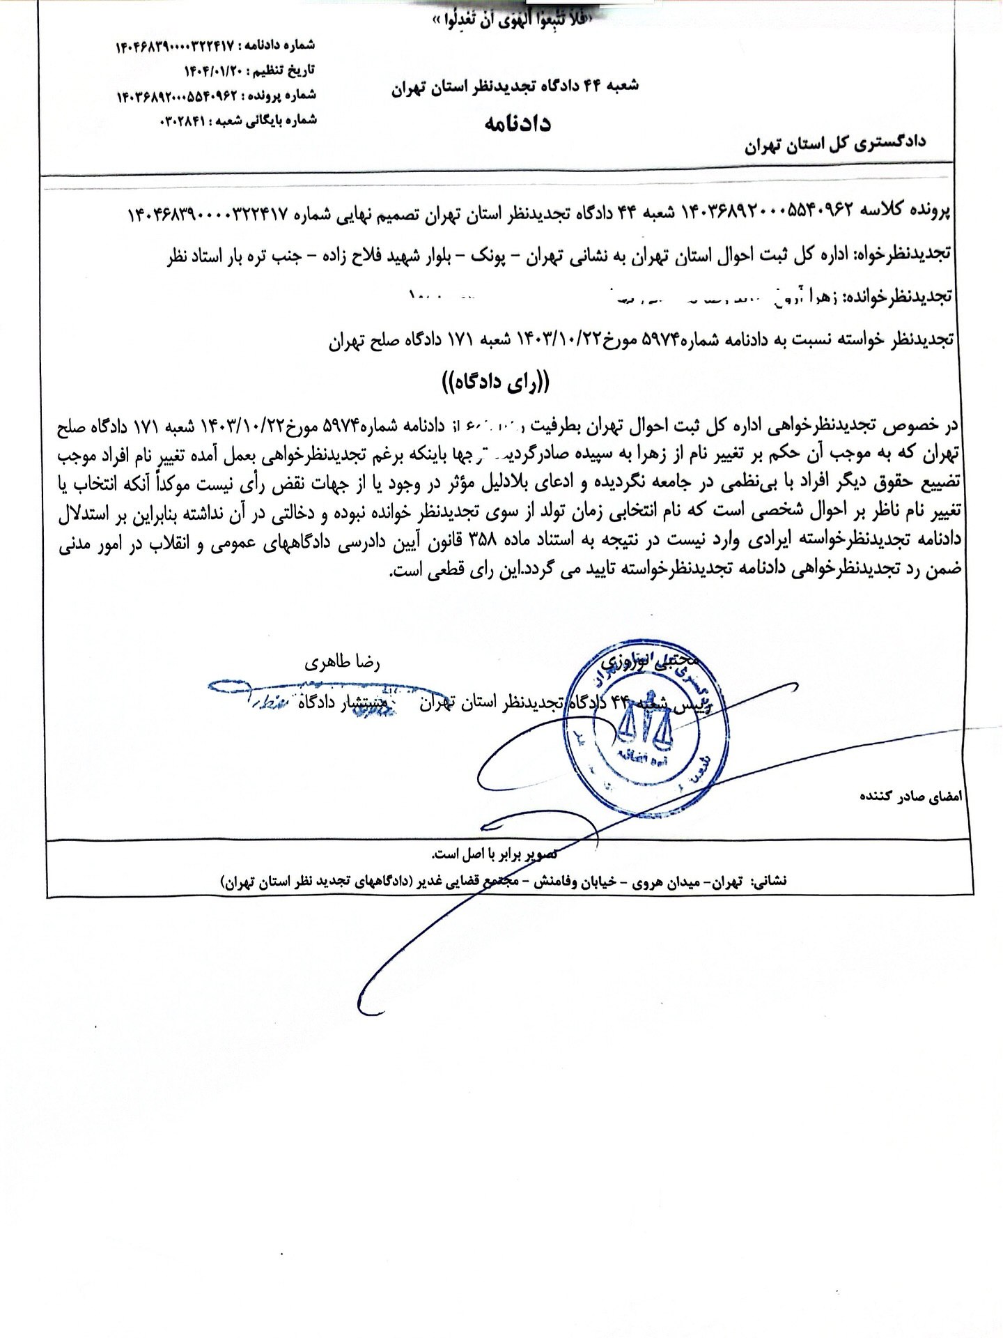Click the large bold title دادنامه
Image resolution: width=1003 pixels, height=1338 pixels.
pyautogui.click(x=518, y=123)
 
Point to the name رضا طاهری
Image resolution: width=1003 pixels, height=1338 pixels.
pyautogui.click(x=343, y=662)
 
